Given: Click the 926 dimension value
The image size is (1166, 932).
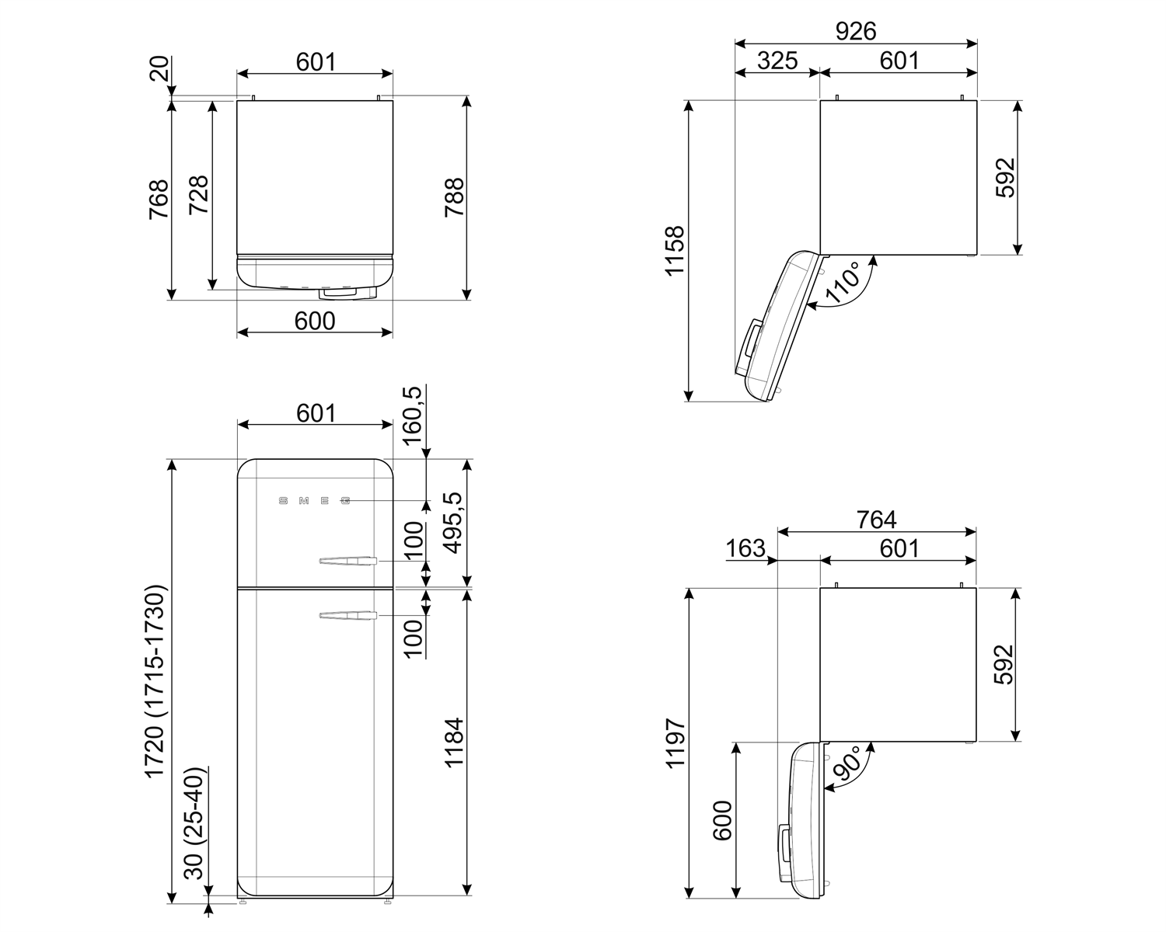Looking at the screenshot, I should [x=855, y=31].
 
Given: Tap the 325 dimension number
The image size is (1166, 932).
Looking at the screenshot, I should [x=777, y=61].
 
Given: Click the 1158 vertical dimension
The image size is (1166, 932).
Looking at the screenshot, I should [x=674, y=250].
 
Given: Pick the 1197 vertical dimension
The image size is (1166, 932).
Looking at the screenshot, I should [x=674, y=743].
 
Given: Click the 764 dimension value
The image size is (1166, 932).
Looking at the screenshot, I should [x=876, y=520].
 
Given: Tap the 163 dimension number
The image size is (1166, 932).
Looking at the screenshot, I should [x=745, y=548].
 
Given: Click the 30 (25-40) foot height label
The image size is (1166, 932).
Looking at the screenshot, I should [x=195, y=823].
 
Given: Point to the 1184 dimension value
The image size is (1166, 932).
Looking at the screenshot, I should [x=453, y=742].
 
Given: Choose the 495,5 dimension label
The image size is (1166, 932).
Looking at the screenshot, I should [x=453, y=523].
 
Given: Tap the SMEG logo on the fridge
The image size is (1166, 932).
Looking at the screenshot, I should [x=314, y=501].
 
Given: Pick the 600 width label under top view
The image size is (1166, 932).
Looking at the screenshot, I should [x=315, y=321].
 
